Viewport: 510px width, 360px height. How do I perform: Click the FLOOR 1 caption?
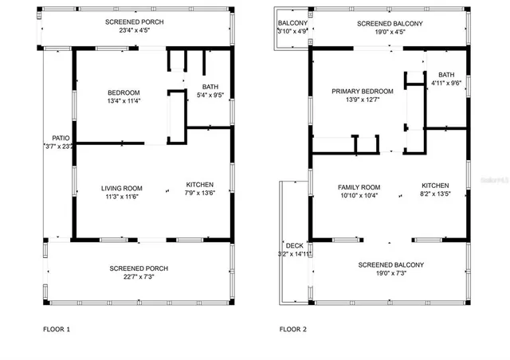click(57, 328)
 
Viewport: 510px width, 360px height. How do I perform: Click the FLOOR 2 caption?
click(292, 328)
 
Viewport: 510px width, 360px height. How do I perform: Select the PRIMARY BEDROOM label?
click(363, 92)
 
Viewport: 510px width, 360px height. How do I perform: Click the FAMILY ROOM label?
click(359, 186)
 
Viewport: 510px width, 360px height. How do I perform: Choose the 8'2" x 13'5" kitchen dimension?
click(435, 193)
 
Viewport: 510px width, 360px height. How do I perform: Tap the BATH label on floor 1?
click(210, 87)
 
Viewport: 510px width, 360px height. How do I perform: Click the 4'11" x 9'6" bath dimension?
click(445, 82)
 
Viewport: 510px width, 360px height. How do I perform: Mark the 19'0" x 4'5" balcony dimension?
click(389, 33)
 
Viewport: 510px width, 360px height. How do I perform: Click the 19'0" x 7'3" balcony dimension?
click(390, 273)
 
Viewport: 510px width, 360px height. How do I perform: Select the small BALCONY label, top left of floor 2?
click(291, 23)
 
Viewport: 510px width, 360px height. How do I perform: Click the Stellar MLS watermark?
click(492, 181)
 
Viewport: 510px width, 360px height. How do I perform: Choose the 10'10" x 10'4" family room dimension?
click(359, 195)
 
